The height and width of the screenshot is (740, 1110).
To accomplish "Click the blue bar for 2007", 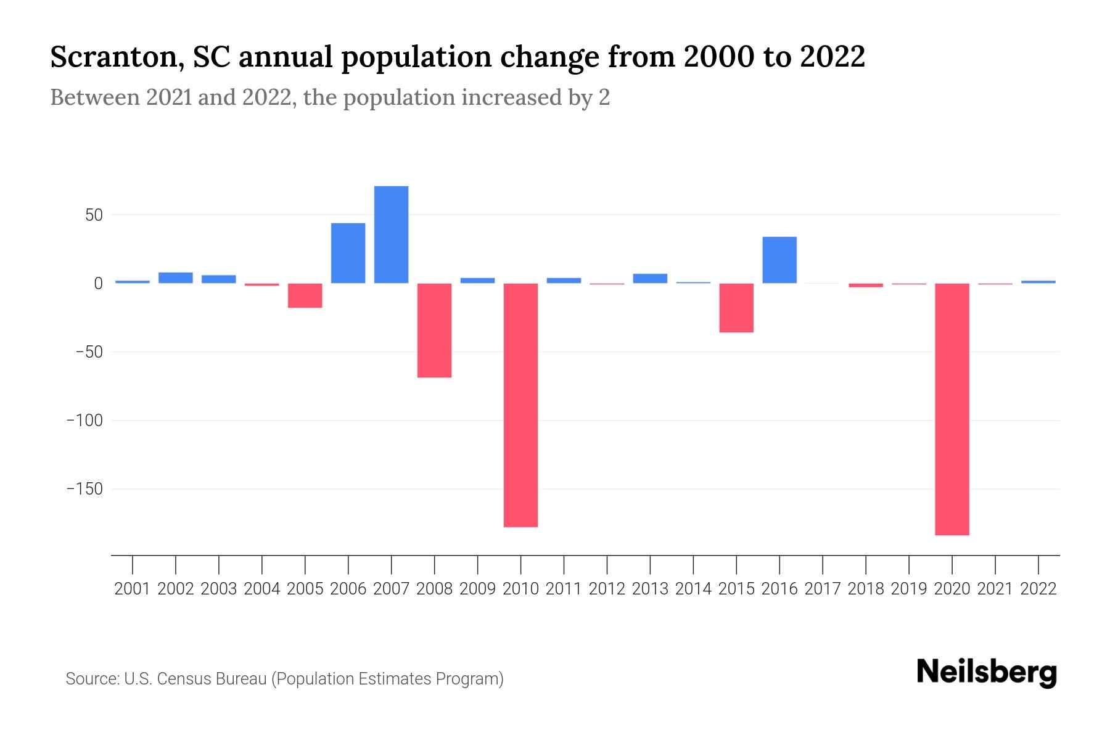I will pyautogui.click(x=391, y=234).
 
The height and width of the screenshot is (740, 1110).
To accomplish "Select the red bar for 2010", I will pyautogui.click(x=520, y=405).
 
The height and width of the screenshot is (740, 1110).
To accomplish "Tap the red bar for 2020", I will pyautogui.click(x=952, y=409).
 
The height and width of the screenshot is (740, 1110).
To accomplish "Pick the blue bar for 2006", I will pyautogui.click(x=348, y=253).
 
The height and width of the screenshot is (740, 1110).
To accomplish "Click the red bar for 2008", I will pyautogui.click(x=434, y=330).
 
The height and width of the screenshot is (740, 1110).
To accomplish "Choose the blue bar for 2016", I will pyautogui.click(x=779, y=260).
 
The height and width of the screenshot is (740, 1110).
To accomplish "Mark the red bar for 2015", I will pyautogui.click(x=736, y=308).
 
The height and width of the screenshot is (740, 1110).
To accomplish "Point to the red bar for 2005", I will pyautogui.click(x=305, y=295).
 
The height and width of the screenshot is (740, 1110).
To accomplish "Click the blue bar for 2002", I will pyautogui.click(x=176, y=277).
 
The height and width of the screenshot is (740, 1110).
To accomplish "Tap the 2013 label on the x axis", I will pyautogui.click(x=650, y=589).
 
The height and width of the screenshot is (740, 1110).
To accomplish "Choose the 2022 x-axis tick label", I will pyautogui.click(x=1038, y=589).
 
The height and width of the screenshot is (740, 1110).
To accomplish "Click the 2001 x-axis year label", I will pyautogui.click(x=133, y=589).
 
